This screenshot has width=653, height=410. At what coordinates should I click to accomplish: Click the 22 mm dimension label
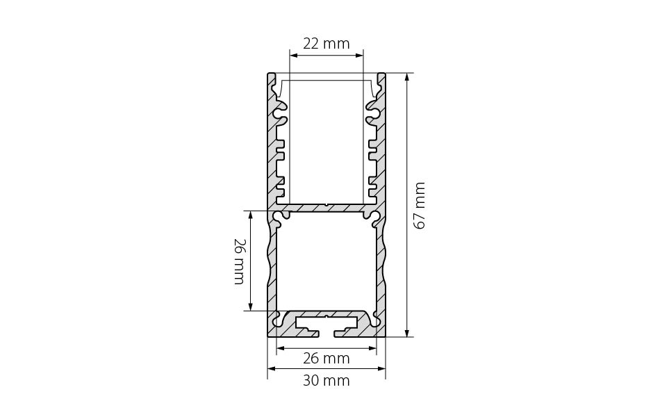[326, 43]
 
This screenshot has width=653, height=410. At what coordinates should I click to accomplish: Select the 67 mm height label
[420, 206]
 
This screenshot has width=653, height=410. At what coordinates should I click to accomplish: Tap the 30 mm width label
[326, 380]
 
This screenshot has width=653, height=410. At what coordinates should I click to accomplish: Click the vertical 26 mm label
[240, 261]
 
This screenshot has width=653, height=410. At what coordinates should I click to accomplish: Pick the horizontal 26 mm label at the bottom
[326, 359]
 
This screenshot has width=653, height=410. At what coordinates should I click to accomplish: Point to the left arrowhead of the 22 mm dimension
[293, 55]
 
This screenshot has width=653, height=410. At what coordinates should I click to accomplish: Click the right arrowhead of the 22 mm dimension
[359, 55]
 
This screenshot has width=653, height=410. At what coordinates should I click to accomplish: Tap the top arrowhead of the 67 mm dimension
[407, 76]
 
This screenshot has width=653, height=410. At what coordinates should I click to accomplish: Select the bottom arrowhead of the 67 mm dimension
[407, 332]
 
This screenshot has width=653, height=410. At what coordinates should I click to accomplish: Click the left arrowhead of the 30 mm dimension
[271, 368]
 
